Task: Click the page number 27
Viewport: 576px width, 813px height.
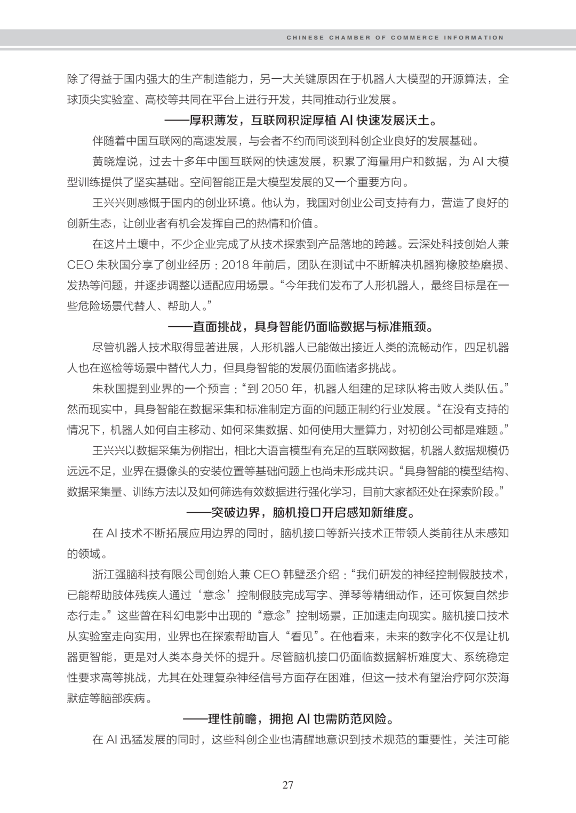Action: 288,784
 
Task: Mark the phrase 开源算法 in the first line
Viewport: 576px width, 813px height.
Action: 458,79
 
